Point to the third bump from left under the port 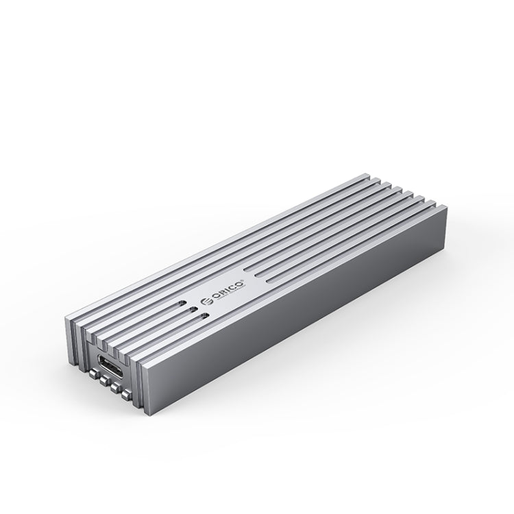point(114,388)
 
